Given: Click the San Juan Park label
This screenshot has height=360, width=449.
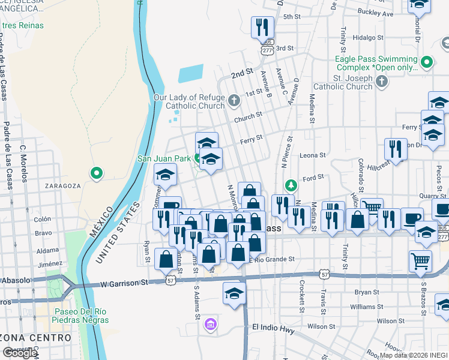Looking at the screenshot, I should click(x=164, y=159).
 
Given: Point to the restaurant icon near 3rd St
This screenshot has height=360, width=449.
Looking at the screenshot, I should click(x=262, y=27).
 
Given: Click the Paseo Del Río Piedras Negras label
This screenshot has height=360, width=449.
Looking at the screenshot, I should click(x=82, y=316).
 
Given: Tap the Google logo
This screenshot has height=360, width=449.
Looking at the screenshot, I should click(x=20, y=353).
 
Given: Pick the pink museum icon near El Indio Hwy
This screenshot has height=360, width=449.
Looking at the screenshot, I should click(x=209, y=325).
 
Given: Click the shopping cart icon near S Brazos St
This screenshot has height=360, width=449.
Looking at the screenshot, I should click(x=420, y=260).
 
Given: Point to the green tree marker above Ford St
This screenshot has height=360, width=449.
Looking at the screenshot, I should click(x=291, y=184).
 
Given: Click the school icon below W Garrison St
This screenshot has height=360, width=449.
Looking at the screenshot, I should click(x=234, y=293).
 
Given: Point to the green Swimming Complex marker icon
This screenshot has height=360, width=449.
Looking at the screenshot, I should click(x=427, y=62).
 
